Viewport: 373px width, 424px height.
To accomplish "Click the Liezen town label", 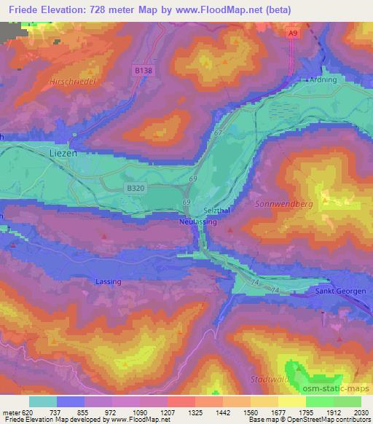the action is [x=63, y=154].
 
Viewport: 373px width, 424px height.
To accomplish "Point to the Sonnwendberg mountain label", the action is [x=283, y=205].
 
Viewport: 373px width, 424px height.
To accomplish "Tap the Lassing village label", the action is [x=108, y=280].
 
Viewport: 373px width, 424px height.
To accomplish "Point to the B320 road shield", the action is [x=135, y=188].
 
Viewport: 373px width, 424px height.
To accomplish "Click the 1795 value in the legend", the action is [x=294, y=412].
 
